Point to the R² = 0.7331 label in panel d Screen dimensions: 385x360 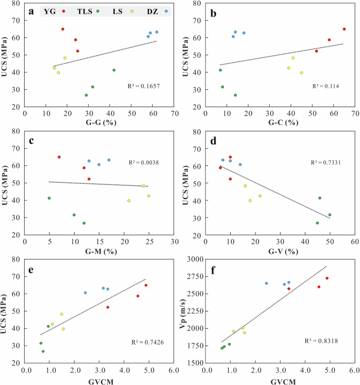tap(322, 163)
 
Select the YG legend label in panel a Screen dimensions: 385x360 tap(52, 11)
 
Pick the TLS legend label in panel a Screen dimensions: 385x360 tap(85, 11)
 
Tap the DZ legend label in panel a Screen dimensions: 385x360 tap(152, 11)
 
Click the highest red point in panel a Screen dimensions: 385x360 tap(63, 29)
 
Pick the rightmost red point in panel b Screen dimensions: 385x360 tap(344, 29)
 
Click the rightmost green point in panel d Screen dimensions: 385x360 tap(330, 215)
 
